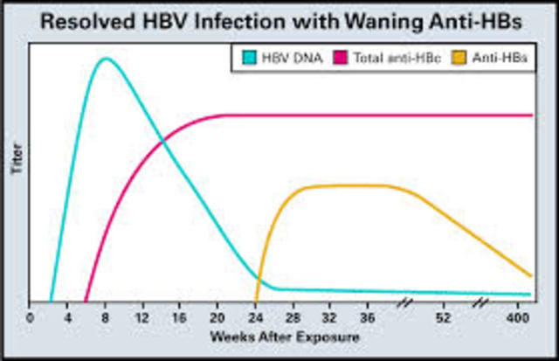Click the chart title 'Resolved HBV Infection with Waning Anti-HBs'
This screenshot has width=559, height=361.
click(279, 20)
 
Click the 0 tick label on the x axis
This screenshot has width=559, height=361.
click(30, 316)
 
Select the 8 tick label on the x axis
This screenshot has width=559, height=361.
click(105, 316)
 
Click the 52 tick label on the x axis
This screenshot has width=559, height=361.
click(444, 316)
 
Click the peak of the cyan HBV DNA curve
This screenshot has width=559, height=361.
click(106, 59)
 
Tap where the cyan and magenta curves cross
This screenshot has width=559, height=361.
click(162, 140)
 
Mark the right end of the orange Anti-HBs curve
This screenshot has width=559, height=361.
click(531, 275)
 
